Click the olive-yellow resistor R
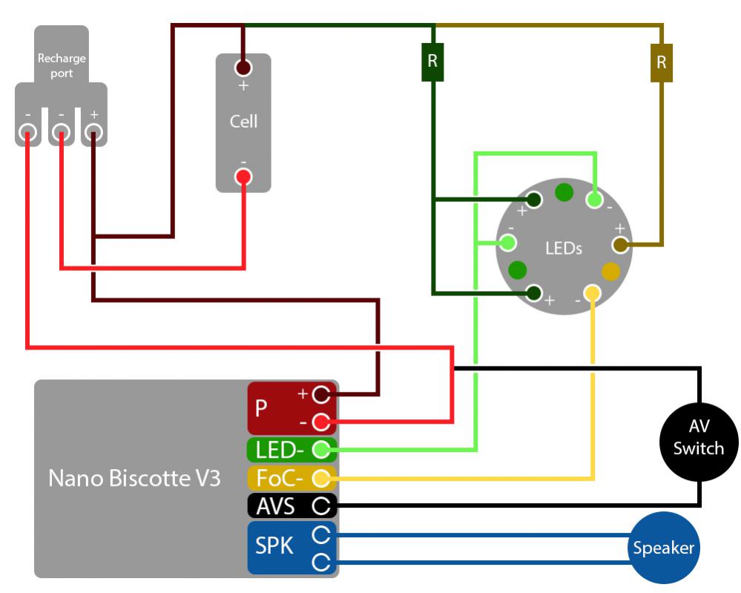coord(661,63)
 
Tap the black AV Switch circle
coord(699,436)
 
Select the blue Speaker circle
coord(663,548)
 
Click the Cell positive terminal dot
coord(243,68)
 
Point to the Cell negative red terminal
coord(243,177)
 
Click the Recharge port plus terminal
coord(93,133)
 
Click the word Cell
coord(243,121)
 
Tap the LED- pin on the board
coord(320,449)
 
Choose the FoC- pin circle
coord(320,477)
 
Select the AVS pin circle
coord(320,506)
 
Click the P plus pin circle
coord(320,393)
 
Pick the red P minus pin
coord(320,422)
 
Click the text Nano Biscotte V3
coord(134,478)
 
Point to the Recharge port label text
coord(62,65)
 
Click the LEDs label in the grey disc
coord(563,248)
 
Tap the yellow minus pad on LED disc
coord(592,292)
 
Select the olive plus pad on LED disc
coord(619,243)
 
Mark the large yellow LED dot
coord(610,271)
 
